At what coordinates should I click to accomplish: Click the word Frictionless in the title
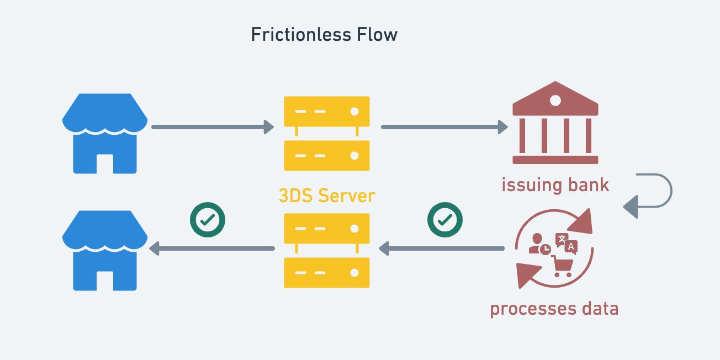[x=294, y=35]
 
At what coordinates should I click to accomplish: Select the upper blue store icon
[x=105, y=133]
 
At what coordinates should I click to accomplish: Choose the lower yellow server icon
[x=327, y=250]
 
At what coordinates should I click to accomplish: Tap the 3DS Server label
[x=327, y=195]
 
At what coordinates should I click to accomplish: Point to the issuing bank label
[x=555, y=184]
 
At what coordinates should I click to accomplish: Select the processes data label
[x=554, y=308]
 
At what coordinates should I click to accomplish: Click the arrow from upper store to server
[x=213, y=127]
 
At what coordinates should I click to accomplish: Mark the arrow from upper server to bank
[x=444, y=127]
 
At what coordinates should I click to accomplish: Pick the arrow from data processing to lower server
[x=442, y=249]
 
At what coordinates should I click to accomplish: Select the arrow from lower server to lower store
[x=213, y=249]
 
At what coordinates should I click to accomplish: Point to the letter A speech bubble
[x=571, y=246]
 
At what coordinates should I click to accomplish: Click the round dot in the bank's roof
[x=555, y=100]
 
